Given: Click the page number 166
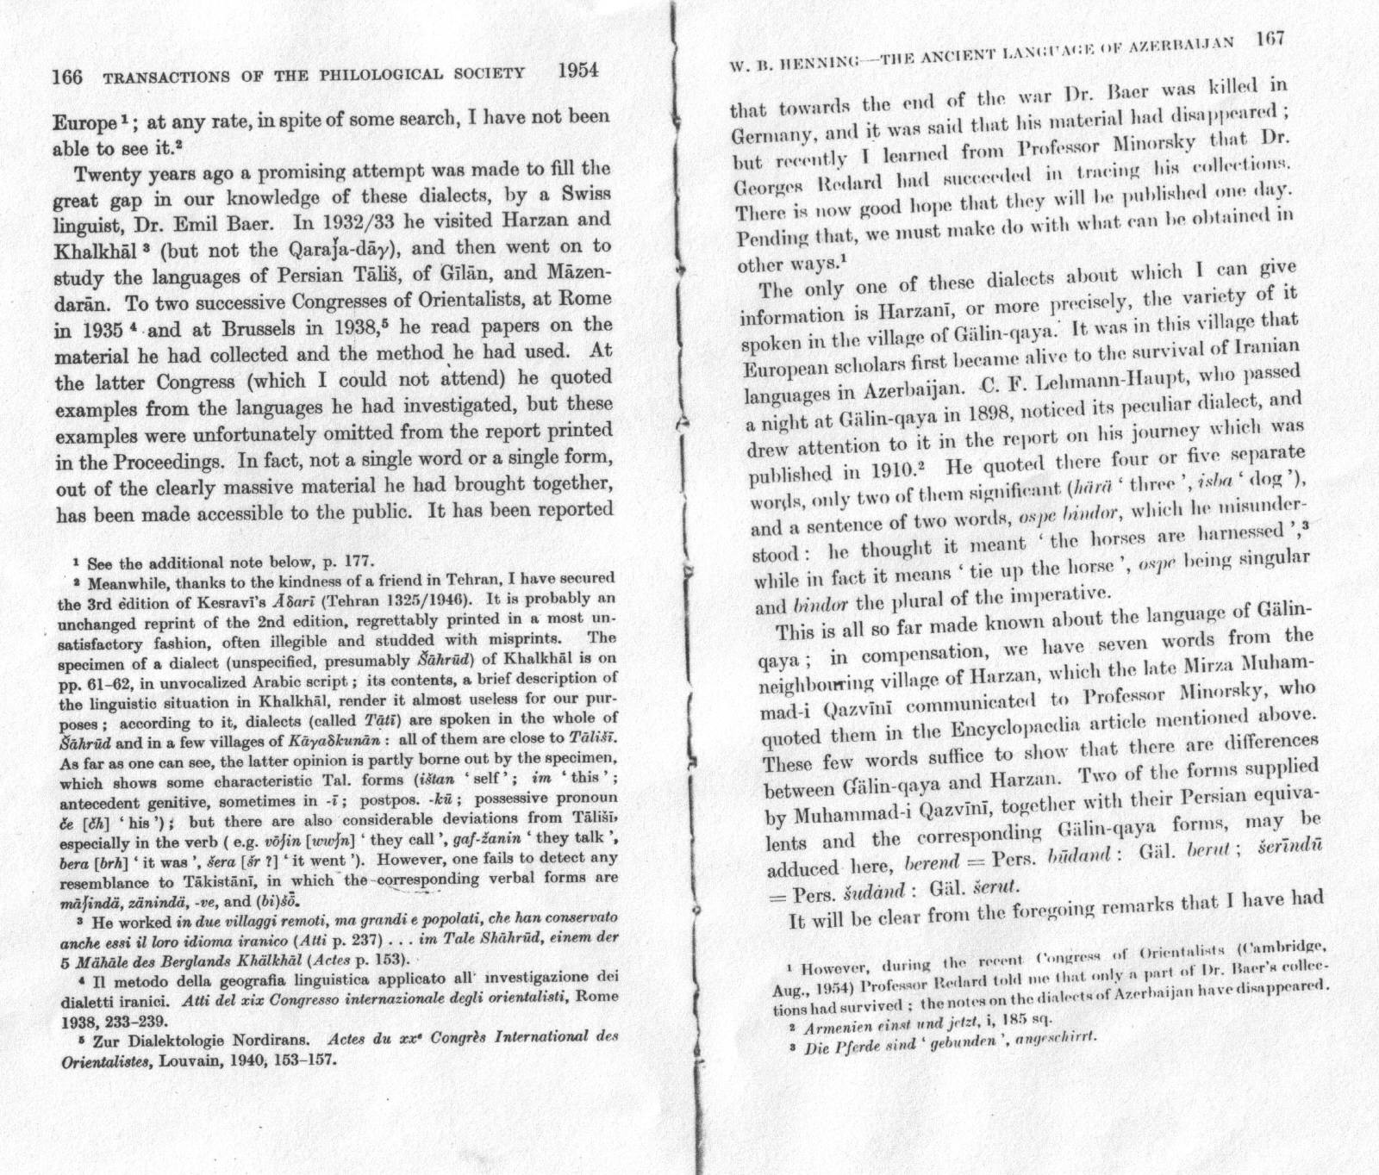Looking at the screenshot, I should pos(68,78).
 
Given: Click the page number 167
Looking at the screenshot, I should pos(1271,40).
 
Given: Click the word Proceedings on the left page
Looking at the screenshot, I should pos(178,459).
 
